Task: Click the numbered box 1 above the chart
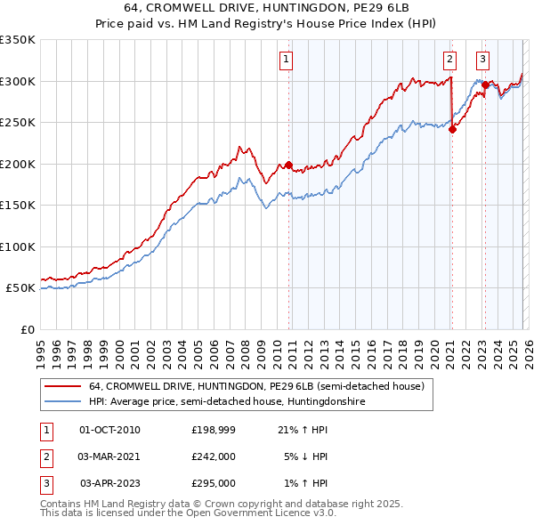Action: (287, 60)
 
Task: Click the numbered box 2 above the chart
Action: (449, 60)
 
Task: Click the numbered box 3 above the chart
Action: (482, 60)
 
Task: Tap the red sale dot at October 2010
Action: (288, 166)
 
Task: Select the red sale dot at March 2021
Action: (452, 129)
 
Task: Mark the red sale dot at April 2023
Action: (485, 85)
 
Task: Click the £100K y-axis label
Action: (18, 246)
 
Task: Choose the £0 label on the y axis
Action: (26, 329)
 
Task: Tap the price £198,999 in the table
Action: (214, 429)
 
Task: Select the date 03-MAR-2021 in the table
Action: (109, 456)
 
